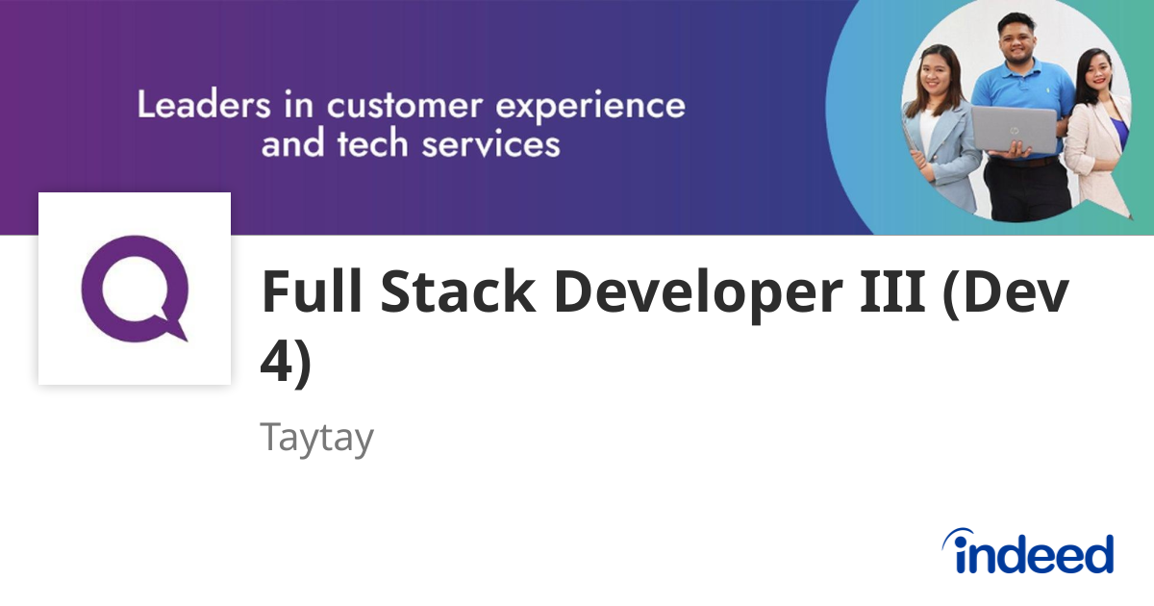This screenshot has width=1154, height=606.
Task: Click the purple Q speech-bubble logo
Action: [135, 289]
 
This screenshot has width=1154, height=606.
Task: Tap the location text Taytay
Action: [316, 439]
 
